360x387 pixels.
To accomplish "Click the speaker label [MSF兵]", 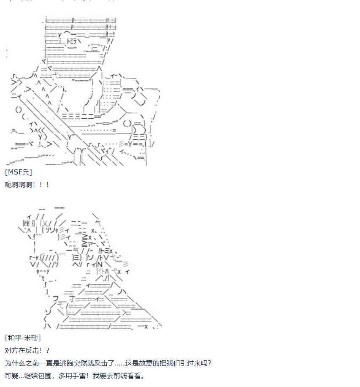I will (x=19, y=172).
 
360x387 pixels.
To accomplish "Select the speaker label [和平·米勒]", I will (x=23, y=338).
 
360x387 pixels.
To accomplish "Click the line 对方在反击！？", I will (x=27, y=351).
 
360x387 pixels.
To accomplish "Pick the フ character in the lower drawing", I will (x=55, y=298).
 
